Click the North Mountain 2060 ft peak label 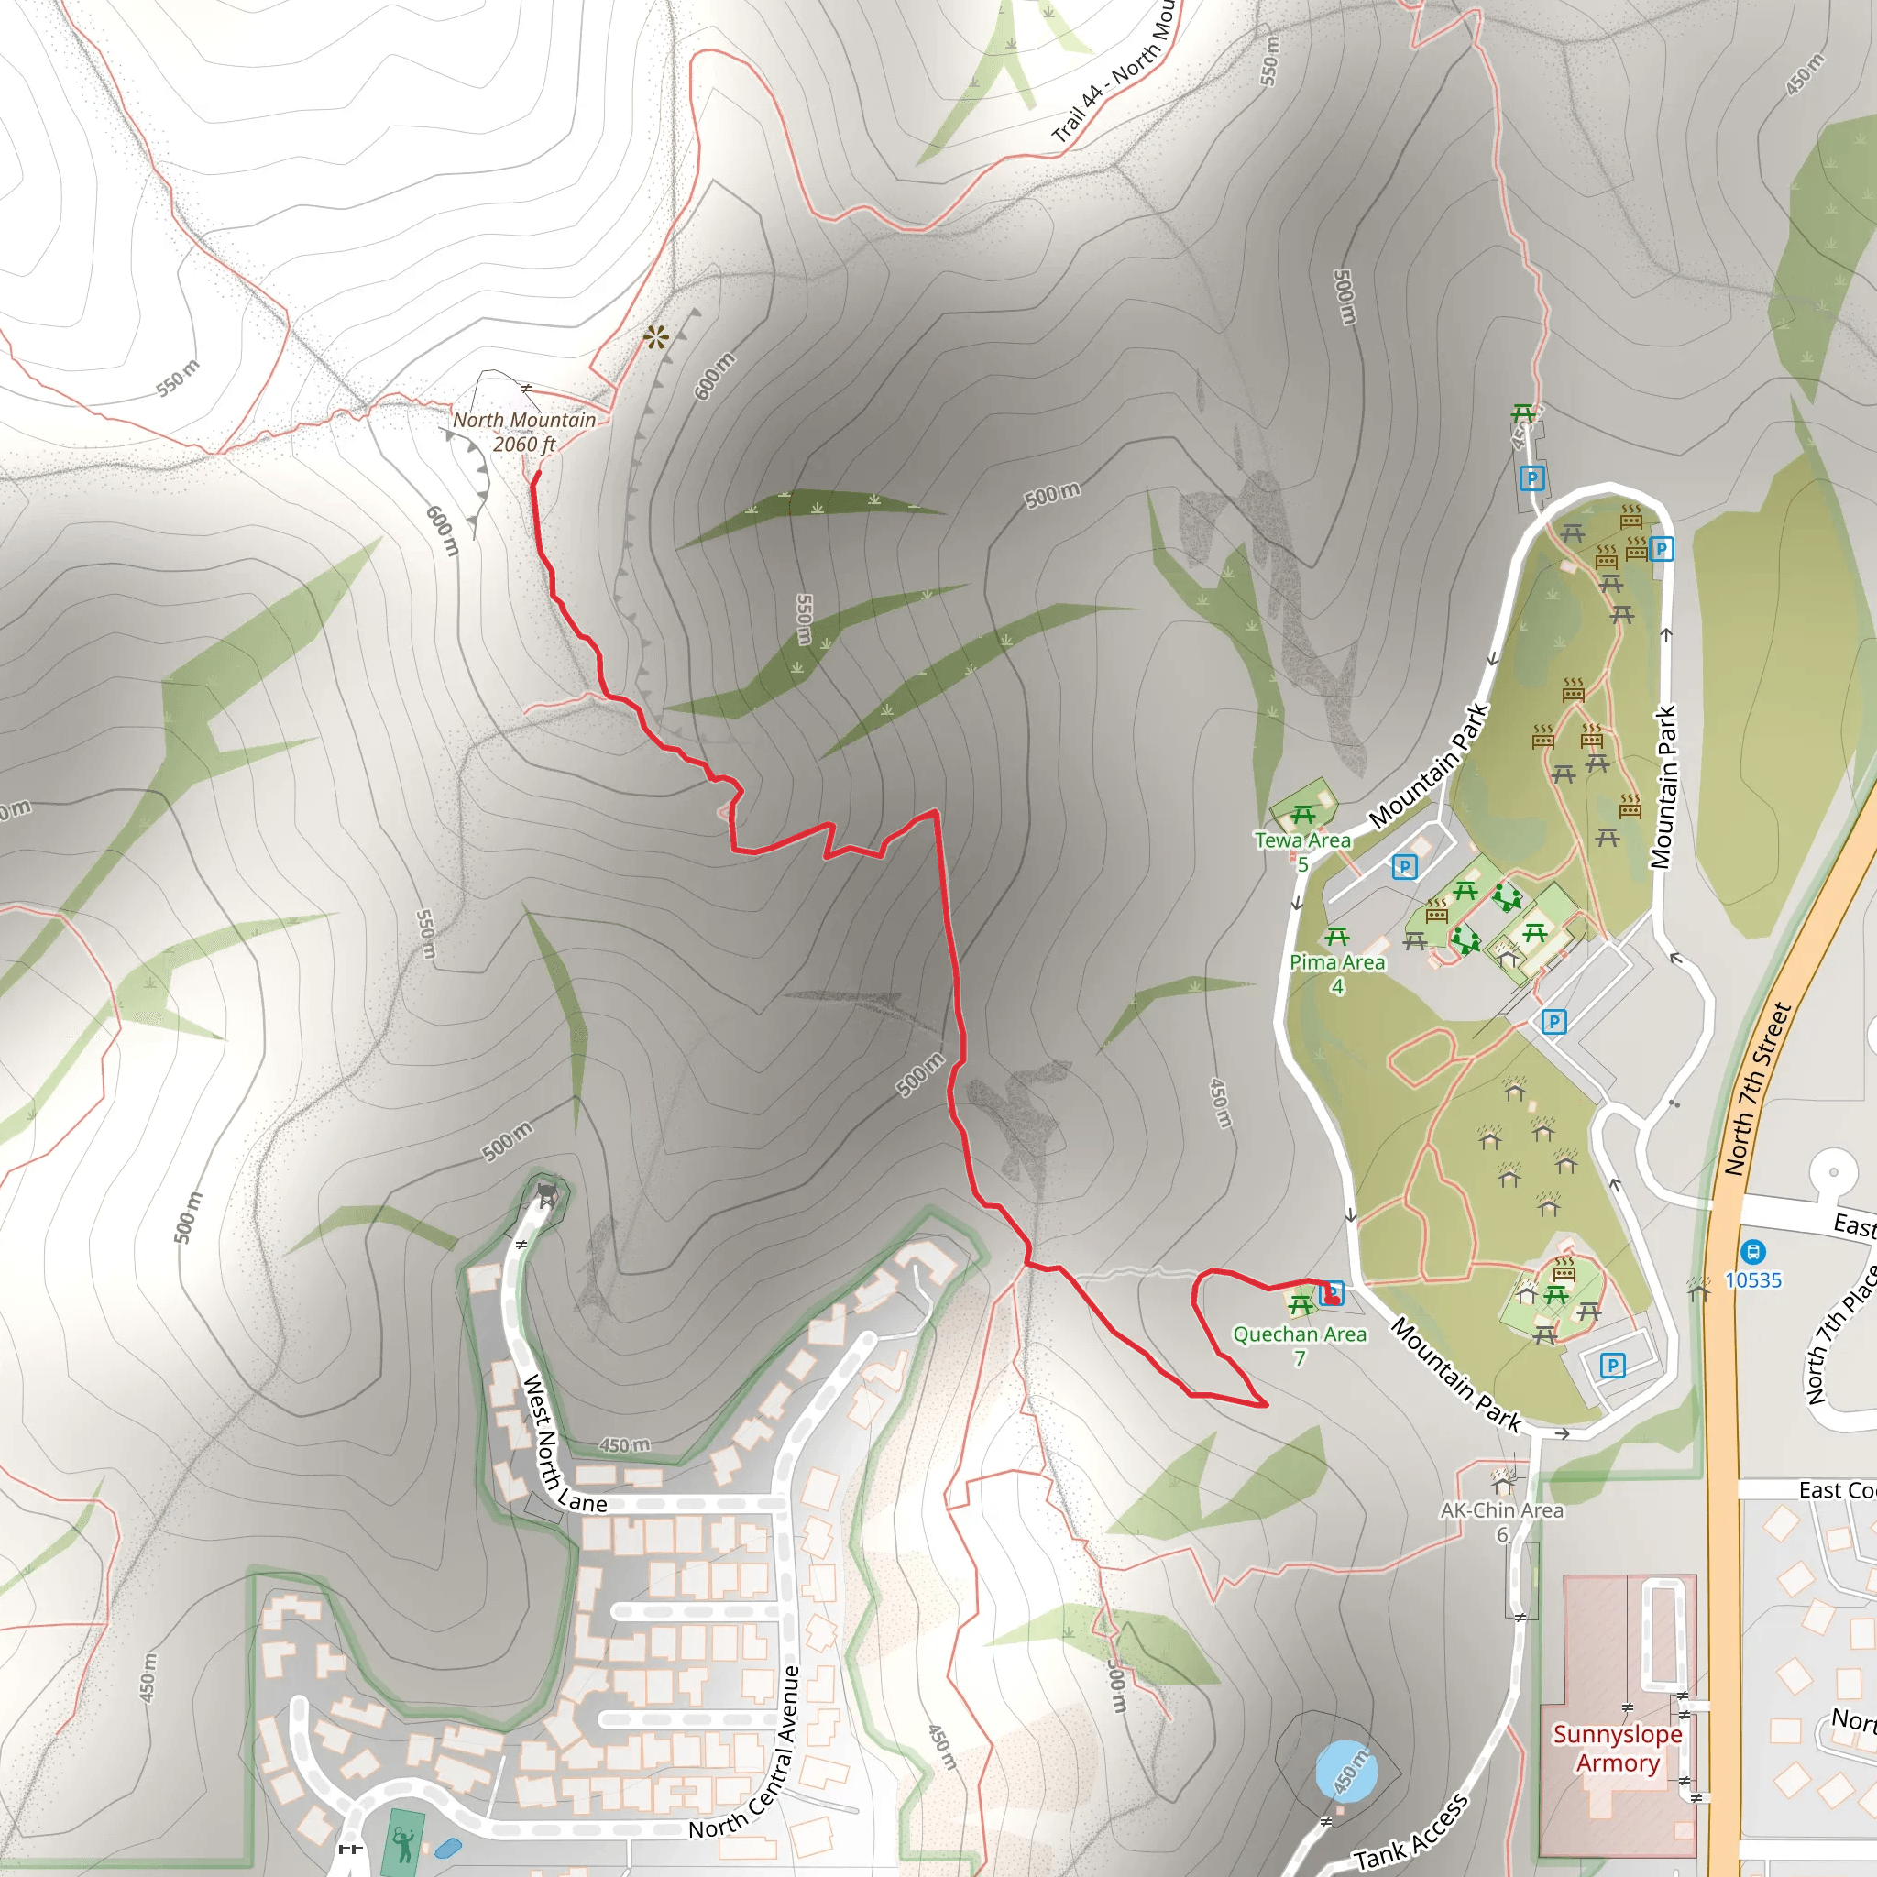click(523, 433)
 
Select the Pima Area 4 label click(1337, 972)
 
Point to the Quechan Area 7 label click(1299, 1345)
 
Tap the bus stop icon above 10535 click(1752, 1252)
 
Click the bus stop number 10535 click(1752, 1280)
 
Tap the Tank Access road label click(1410, 1830)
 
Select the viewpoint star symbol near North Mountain click(656, 337)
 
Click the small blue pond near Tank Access click(1345, 1770)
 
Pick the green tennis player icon click(402, 1841)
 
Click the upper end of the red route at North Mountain click(537, 473)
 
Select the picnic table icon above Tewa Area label click(1303, 813)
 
